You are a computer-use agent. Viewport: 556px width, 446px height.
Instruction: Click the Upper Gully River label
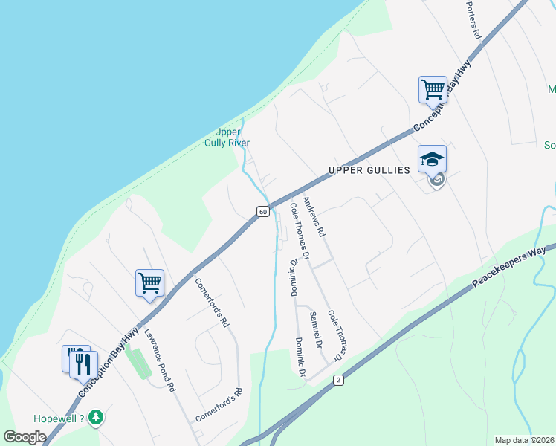[x=227, y=138]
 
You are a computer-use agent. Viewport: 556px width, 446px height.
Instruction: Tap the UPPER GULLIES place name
[x=369, y=171]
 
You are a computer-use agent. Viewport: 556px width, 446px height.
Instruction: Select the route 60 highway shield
[x=263, y=212]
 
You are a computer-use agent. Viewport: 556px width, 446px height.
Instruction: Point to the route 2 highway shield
[x=338, y=380]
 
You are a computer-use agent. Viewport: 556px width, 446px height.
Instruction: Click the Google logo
[x=25, y=437]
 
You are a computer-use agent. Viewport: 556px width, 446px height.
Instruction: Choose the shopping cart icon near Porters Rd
[x=433, y=90]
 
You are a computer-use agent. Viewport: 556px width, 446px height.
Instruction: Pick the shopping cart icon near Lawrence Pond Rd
[x=149, y=283]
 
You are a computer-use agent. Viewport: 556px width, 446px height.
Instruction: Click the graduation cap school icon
[x=432, y=159]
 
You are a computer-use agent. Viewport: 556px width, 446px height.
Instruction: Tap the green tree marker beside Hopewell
[x=95, y=418]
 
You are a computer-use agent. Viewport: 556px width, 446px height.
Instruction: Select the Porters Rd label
[x=474, y=20]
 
